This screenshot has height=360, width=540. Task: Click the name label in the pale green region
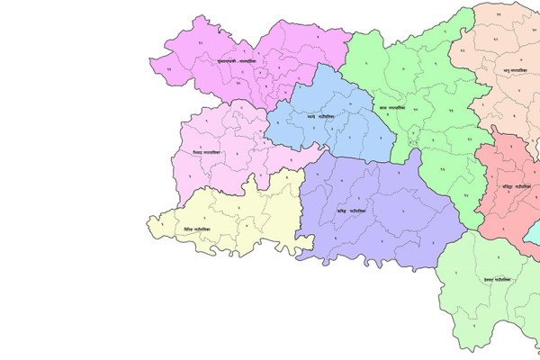[496, 280]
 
